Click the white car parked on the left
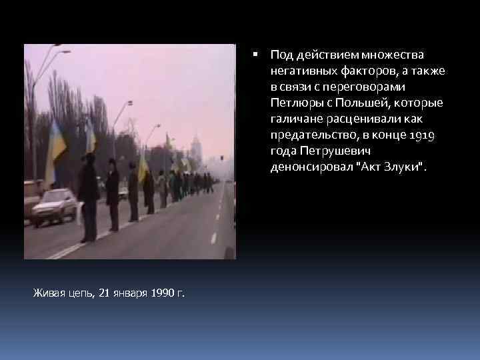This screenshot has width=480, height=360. (x=55, y=206)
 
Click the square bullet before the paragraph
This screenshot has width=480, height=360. (x=257, y=54)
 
